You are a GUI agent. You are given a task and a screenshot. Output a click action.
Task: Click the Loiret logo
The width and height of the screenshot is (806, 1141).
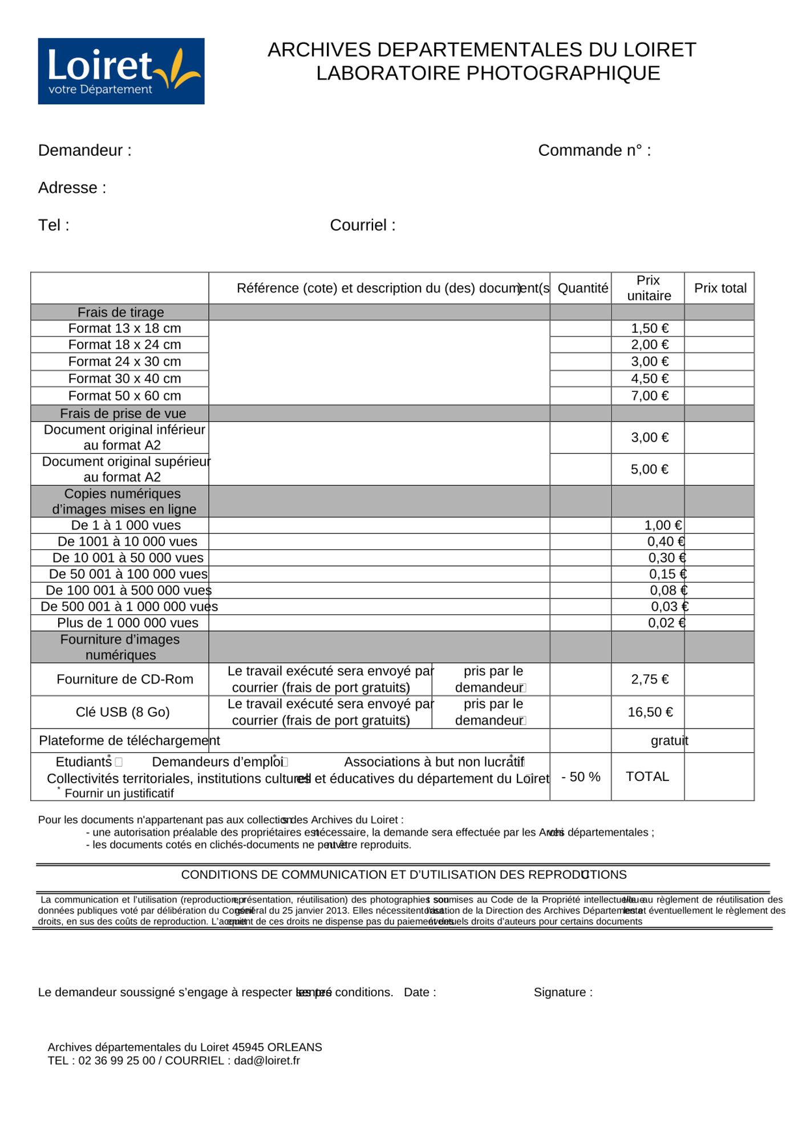pyautogui.click(x=121, y=71)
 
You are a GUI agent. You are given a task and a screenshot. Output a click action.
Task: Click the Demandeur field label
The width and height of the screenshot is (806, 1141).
pyautogui.click(x=84, y=151)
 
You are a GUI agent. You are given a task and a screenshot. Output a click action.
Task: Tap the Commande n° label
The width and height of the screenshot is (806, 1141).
pyautogui.click(x=594, y=151)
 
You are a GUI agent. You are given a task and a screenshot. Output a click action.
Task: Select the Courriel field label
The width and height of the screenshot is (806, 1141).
pyautogui.click(x=362, y=225)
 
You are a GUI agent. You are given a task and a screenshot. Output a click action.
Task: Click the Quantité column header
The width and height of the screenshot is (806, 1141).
pyautogui.click(x=582, y=289)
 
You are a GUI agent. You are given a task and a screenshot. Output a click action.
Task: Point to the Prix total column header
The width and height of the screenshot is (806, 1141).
pyautogui.click(x=720, y=289)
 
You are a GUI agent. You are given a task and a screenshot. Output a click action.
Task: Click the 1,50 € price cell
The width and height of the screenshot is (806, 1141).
pyautogui.click(x=649, y=329)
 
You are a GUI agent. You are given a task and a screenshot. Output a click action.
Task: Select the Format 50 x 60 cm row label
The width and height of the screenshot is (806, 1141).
pyautogui.click(x=124, y=396)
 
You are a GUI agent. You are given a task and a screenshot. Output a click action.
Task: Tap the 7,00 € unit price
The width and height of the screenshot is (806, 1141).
pyautogui.click(x=649, y=396)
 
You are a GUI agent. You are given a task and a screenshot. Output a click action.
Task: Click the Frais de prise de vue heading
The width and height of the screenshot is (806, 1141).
pyautogui.click(x=123, y=414)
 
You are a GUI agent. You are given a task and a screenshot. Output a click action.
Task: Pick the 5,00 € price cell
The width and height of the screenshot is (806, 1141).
pyautogui.click(x=649, y=470)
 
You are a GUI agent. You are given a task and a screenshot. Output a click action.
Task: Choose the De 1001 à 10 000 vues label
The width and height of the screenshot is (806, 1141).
pyautogui.click(x=127, y=542)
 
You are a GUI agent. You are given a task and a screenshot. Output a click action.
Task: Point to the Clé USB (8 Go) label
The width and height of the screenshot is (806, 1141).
pyautogui.click(x=123, y=713)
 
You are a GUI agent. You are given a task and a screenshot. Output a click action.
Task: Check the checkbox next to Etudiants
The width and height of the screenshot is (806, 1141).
pyautogui.click(x=119, y=762)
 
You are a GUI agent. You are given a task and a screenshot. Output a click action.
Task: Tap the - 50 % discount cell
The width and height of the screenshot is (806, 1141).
pyautogui.click(x=581, y=777)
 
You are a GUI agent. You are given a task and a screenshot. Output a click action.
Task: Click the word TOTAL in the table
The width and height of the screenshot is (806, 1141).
pyautogui.click(x=647, y=777)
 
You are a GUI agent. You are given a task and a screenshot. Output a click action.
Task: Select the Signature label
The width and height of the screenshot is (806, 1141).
pyautogui.click(x=562, y=993)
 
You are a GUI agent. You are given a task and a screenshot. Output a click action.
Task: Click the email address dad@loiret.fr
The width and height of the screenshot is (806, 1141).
pyautogui.click(x=266, y=1061)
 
